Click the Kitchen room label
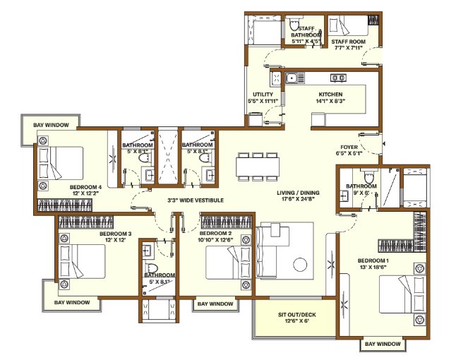(330, 95)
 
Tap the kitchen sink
(295, 78)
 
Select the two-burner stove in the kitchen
(338, 78)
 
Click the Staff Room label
(349, 42)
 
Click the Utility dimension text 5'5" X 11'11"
(263, 101)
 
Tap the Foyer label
(349, 147)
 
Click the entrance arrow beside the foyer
(384, 144)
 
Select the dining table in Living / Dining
(258, 167)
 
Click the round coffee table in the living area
(300, 265)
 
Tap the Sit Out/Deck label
(297, 315)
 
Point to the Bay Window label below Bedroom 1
(383, 344)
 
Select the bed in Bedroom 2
(228, 263)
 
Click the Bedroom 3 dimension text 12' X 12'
(116, 240)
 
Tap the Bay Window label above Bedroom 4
(52, 125)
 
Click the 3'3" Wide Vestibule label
(196, 200)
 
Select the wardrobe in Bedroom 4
(65, 205)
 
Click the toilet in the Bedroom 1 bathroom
(368, 175)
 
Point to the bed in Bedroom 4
(61, 163)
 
